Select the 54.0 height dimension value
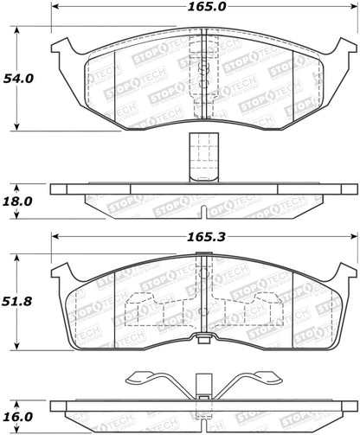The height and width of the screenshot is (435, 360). click(23, 77)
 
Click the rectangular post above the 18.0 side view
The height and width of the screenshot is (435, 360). click(198, 157)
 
